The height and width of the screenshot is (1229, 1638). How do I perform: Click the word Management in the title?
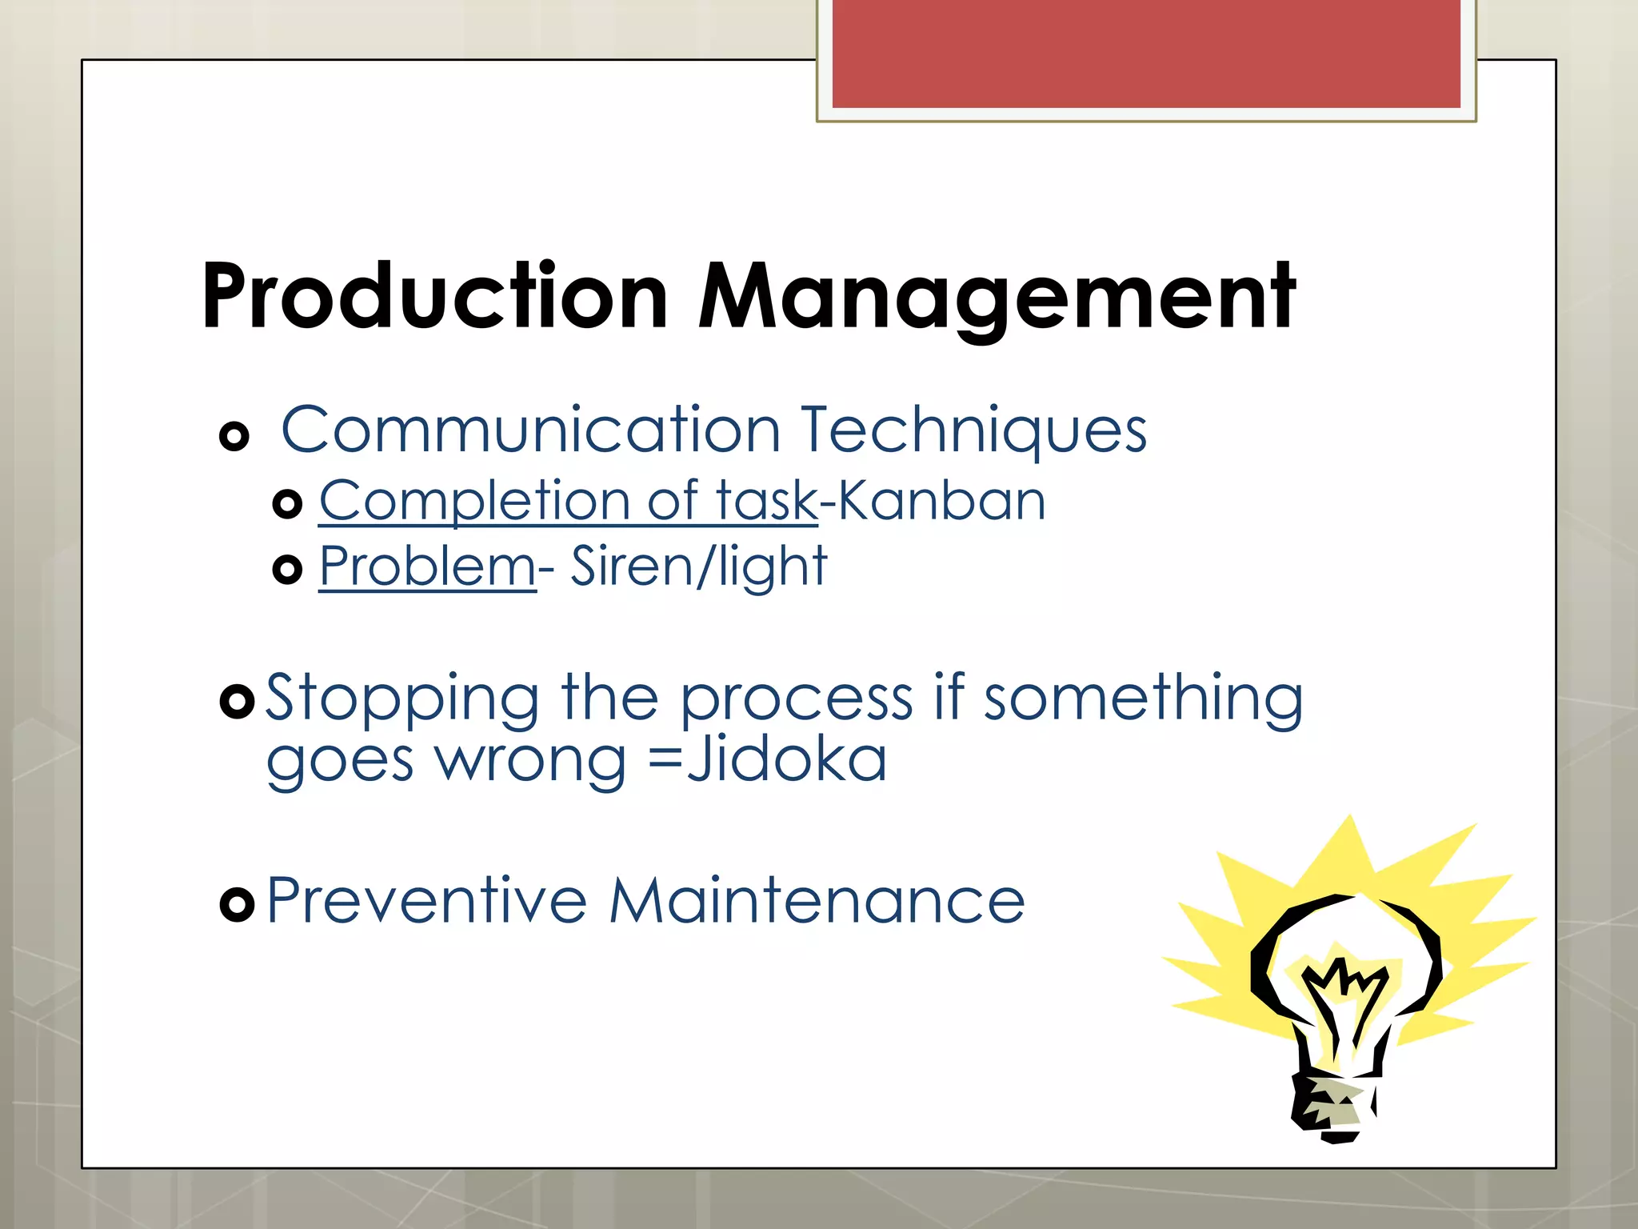pos(997,298)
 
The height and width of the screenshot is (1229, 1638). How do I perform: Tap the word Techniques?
pos(973,431)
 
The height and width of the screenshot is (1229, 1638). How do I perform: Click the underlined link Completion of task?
pos(568,502)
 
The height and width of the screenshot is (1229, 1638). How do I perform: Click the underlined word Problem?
pos(427,566)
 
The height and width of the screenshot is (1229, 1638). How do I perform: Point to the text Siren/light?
pos(698,566)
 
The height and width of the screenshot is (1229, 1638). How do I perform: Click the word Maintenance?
pos(817,902)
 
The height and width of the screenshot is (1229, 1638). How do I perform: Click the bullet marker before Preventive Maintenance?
pos(237,904)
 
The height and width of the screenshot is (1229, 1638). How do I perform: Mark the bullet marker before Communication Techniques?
pos(234,436)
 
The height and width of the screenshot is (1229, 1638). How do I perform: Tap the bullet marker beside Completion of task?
pos(287,504)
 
